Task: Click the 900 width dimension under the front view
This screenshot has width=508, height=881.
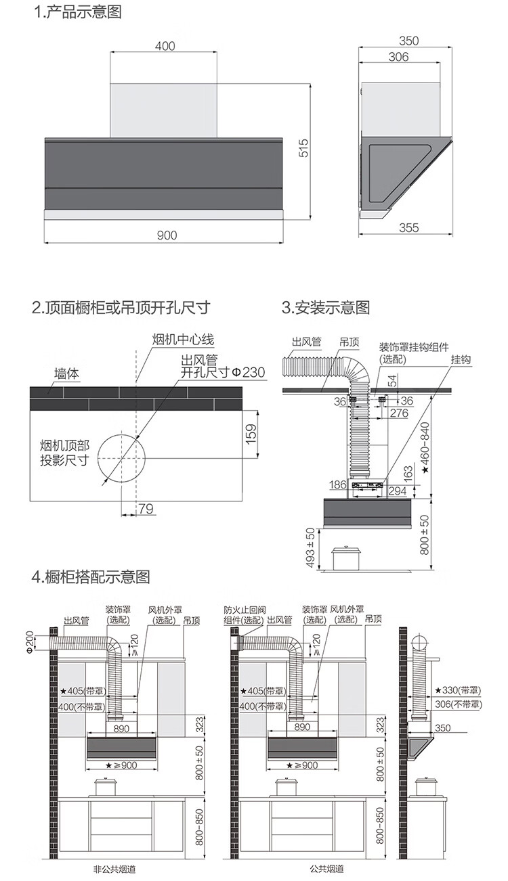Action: pyautogui.click(x=166, y=235)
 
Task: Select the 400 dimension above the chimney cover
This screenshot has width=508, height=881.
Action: pyautogui.click(x=165, y=46)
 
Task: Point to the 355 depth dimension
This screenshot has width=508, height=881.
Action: pyautogui.click(x=408, y=227)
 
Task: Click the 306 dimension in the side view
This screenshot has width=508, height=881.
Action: pyautogui.click(x=398, y=58)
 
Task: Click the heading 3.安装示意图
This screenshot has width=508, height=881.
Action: pyautogui.click(x=326, y=308)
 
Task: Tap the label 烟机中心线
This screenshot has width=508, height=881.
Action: pyautogui.click(x=183, y=340)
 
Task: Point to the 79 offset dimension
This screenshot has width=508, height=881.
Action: pyautogui.click(x=145, y=509)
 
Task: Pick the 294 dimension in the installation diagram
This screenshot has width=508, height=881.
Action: pyautogui.click(x=398, y=491)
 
